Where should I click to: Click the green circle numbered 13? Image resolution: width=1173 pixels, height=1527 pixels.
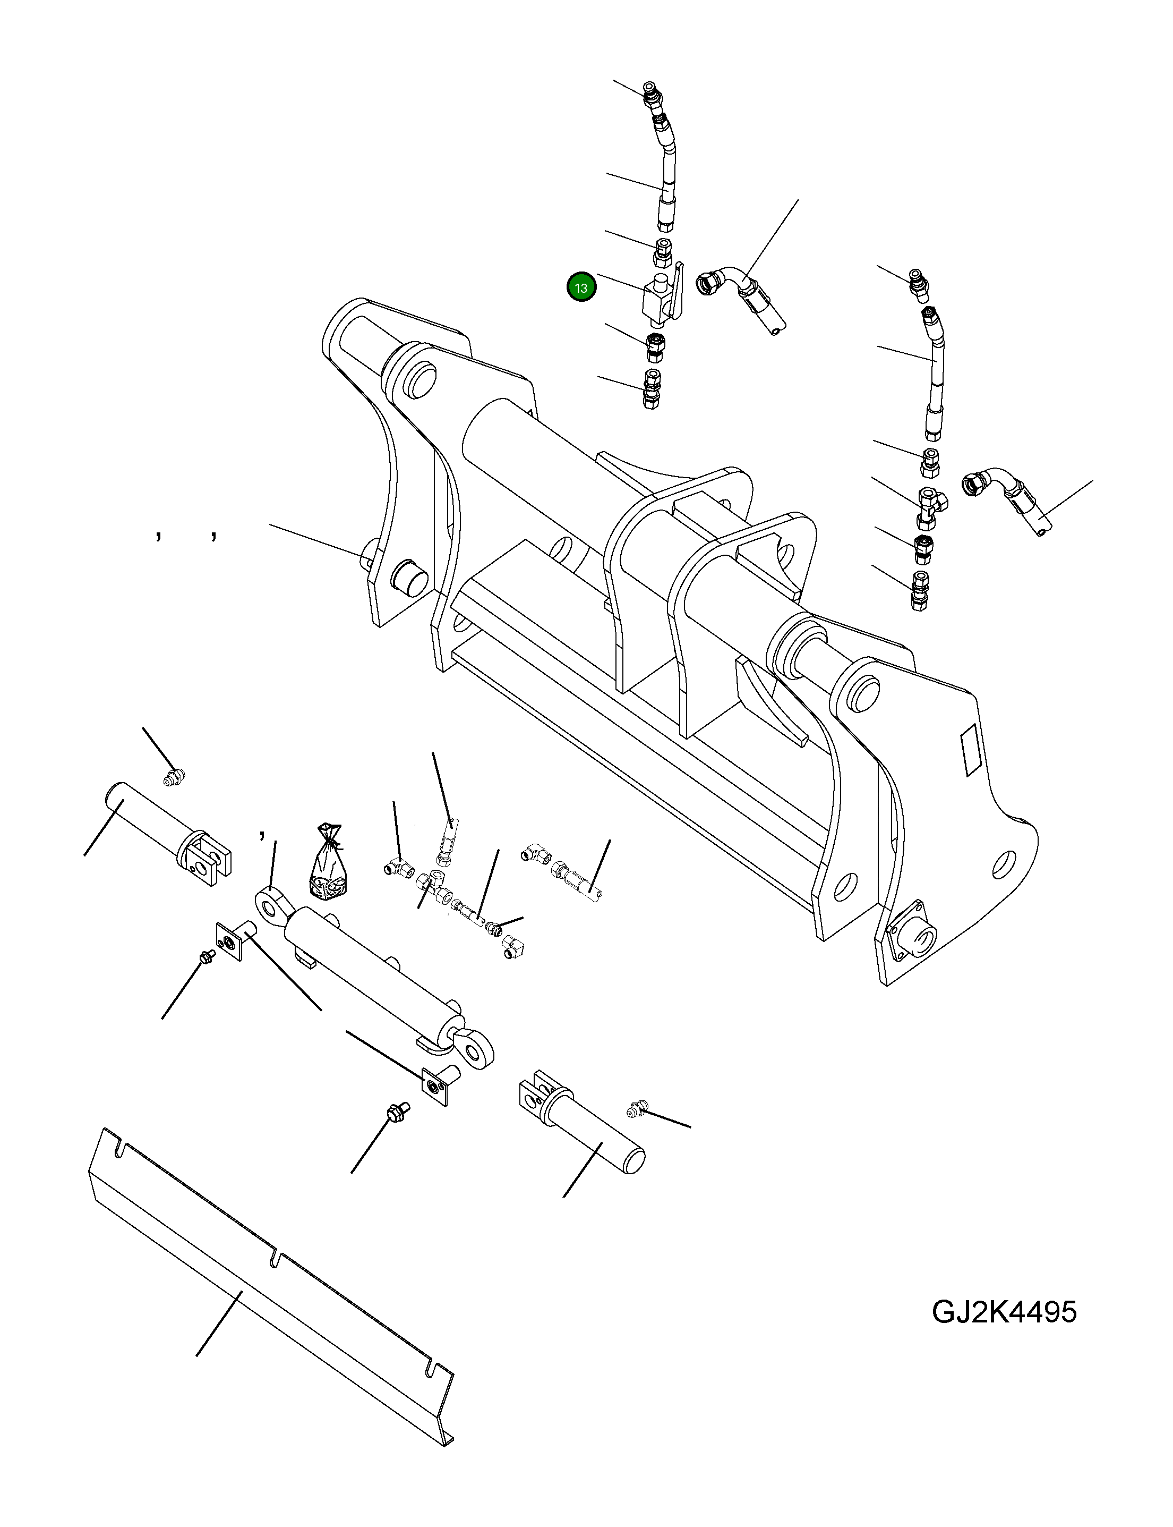coord(581,287)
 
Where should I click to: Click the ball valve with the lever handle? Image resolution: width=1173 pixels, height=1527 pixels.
coord(660,299)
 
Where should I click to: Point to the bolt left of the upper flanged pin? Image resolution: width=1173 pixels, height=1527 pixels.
coord(207,956)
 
